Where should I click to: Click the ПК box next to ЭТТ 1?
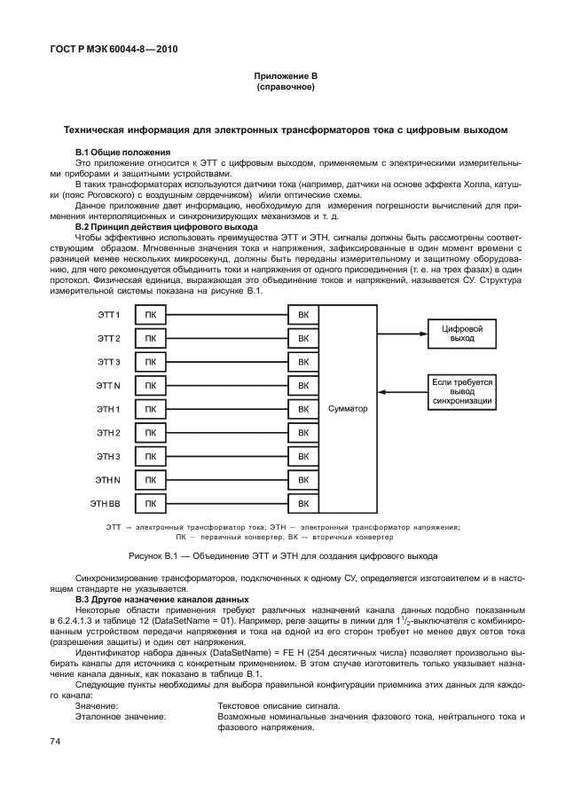pos(150,315)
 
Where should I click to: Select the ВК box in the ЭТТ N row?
pos(303,387)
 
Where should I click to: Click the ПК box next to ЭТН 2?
pos(150,433)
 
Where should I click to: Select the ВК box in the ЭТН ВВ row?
pos(303,504)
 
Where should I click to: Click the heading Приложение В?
pos(286,78)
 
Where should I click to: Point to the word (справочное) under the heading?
pos(286,89)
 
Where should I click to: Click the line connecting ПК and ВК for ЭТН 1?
pos(226,410)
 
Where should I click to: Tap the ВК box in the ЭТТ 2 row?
pos(303,339)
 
